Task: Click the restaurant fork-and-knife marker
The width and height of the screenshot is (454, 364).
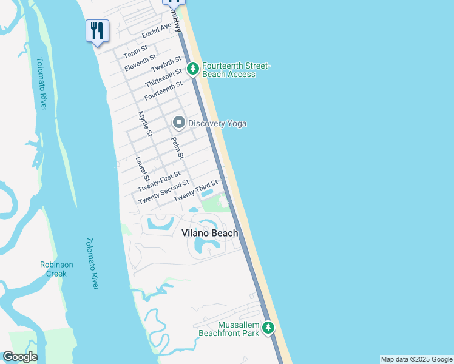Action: pyautogui.click(x=97, y=30)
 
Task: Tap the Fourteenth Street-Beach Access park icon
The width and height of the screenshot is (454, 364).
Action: pyautogui.click(x=193, y=69)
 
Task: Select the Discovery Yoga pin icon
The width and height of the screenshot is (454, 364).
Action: pyautogui.click(x=178, y=123)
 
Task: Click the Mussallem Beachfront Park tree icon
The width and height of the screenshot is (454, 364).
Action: pyautogui.click(x=268, y=328)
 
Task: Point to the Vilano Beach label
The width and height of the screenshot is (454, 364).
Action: pyautogui.click(x=210, y=233)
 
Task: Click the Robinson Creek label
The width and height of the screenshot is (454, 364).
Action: pyautogui.click(x=56, y=269)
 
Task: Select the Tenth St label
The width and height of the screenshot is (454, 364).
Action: pyautogui.click(x=135, y=52)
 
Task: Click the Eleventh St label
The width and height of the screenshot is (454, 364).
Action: pyautogui.click(x=140, y=62)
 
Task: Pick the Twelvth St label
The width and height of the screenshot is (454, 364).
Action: pyautogui.click(x=166, y=64)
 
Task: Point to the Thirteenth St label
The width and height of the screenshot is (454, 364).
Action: pyautogui.click(x=164, y=77)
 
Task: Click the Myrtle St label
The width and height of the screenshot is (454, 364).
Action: pyautogui.click(x=144, y=123)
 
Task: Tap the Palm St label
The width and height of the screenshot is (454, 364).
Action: pyautogui.click(x=177, y=147)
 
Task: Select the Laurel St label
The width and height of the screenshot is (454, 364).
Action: pyautogui.click(x=142, y=169)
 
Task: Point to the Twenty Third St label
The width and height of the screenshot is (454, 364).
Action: pyautogui.click(x=195, y=192)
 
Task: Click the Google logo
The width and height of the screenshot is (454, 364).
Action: pyautogui.click(x=20, y=357)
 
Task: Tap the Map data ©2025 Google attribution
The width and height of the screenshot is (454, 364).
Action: pyautogui.click(x=416, y=359)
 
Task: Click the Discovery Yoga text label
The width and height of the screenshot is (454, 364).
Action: pyautogui.click(x=217, y=124)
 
